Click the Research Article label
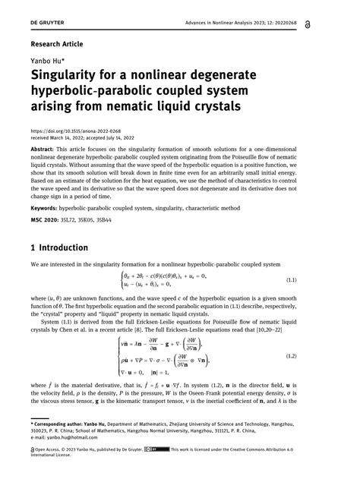coord(57,44)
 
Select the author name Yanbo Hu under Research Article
coord(47,62)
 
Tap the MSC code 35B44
coord(111,219)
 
